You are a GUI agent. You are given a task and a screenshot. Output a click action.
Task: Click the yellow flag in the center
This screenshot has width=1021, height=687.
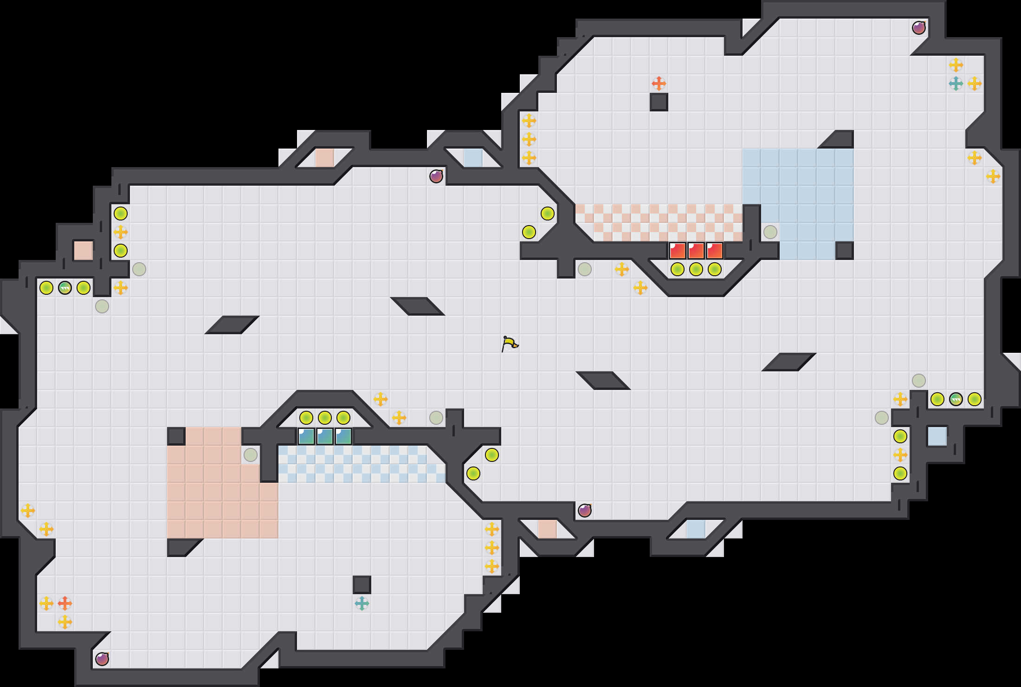point(510,343)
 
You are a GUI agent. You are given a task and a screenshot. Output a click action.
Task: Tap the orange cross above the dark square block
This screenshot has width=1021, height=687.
point(659,84)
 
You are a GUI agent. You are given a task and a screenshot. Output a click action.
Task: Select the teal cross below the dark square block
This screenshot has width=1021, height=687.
point(362,603)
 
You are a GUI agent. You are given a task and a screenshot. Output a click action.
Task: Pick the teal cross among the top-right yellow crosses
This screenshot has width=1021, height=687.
point(956,84)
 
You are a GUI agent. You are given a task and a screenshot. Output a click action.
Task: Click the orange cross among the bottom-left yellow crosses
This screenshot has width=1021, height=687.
point(65,603)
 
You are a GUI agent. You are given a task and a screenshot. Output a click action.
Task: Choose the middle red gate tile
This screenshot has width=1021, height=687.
point(696,251)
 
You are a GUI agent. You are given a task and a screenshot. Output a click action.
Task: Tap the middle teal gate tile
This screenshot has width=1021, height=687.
point(324,436)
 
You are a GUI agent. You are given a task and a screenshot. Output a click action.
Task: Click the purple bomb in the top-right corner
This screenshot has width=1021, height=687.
point(918,28)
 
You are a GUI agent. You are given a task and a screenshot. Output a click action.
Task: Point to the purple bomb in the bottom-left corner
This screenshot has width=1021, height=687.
point(102,659)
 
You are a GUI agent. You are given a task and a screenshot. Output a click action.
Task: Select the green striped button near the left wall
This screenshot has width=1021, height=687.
point(65,288)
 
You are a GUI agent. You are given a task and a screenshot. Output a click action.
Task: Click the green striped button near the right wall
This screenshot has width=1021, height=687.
point(956,399)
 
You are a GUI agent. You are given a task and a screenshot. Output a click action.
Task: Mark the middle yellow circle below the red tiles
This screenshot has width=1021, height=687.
point(696,269)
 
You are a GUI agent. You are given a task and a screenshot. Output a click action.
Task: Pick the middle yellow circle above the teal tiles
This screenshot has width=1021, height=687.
point(324,418)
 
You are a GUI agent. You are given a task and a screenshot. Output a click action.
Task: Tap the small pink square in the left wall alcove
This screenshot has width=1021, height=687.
point(83,251)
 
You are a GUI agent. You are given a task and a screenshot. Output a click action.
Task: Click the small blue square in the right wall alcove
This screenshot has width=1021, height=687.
point(937,436)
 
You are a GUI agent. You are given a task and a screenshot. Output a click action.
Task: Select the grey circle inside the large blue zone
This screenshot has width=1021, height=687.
point(770,232)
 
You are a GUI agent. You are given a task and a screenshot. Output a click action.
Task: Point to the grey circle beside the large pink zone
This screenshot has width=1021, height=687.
point(250,455)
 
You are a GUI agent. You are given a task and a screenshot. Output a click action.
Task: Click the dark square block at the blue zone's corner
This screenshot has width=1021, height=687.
point(844,251)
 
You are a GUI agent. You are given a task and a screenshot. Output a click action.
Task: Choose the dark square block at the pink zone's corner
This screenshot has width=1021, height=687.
point(176,436)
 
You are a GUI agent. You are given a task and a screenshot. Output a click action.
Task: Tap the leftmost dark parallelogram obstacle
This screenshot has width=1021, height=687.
point(232,325)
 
